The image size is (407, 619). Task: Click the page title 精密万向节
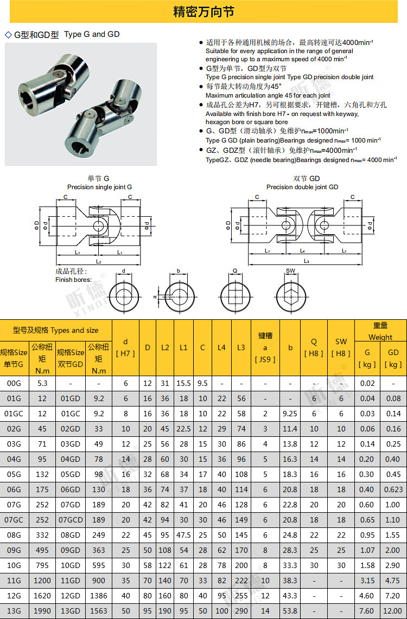203,11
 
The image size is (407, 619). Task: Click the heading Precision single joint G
99,186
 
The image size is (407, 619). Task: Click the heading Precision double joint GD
302,186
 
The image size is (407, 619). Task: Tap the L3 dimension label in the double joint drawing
307,261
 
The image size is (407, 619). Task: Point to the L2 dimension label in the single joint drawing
99,261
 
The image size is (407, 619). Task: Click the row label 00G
14,383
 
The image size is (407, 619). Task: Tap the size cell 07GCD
71,520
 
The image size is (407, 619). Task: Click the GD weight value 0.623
393,489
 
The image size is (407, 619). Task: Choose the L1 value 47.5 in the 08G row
183,535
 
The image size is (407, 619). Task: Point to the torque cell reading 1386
98,596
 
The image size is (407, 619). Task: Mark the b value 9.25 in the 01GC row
290,414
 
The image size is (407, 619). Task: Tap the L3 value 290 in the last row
241,611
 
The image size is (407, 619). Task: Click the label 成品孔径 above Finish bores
71,271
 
